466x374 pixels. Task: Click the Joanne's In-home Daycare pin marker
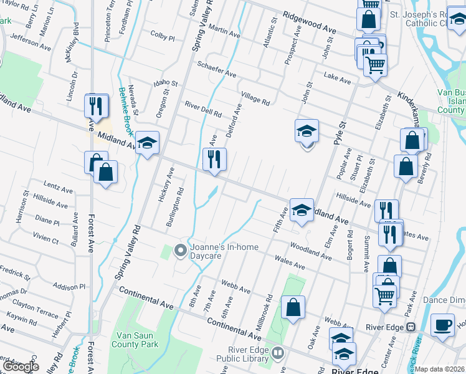(x=181, y=251)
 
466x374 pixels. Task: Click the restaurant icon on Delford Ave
(x=214, y=159)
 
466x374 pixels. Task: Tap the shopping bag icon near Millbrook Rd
(x=293, y=307)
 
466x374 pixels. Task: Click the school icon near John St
(x=307, y=131)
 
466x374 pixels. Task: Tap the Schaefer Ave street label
(x=216, y=69)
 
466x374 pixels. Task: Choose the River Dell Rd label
(x=202, y=110)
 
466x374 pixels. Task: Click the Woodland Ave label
(x=310, y=251)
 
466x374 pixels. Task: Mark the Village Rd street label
(x=255, y=97)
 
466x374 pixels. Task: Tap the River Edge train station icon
(x=411, y=327)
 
